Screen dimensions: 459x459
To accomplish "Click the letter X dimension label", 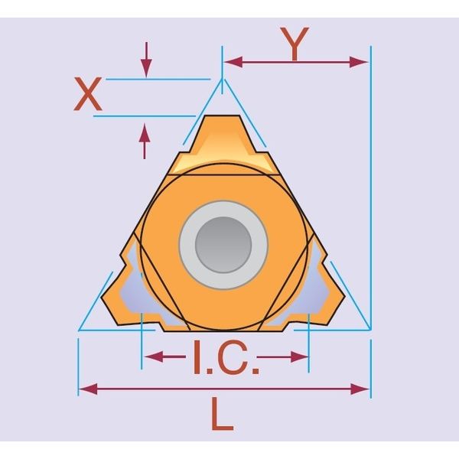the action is [87, 94].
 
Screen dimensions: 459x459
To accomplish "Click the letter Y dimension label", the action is [295, 44].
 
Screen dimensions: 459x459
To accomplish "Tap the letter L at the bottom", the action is [223, 414].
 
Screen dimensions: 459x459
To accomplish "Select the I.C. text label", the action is [226, 357].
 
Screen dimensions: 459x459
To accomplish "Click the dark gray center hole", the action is [223, 245].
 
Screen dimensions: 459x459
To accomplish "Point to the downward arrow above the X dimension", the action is [146, 60].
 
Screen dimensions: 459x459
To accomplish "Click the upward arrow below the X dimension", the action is [145, 141].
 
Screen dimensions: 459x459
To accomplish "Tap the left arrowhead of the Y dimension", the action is [233, 62].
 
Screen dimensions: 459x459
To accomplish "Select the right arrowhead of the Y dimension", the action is [359, 62].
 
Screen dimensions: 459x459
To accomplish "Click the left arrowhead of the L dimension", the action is [89, 389].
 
